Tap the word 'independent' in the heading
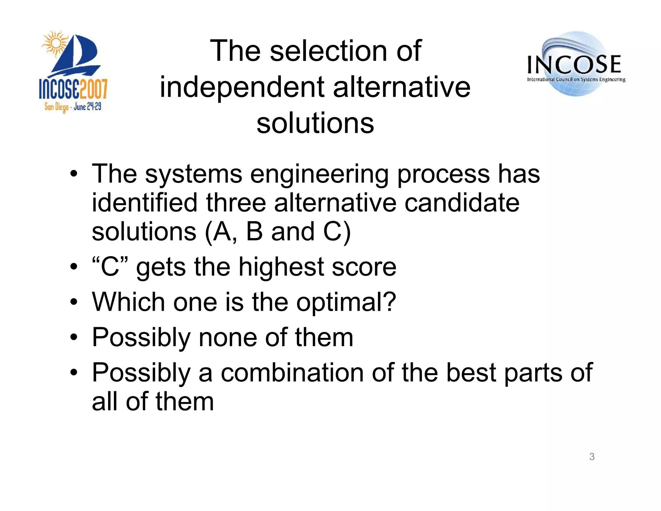point(242,87)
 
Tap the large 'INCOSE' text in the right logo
point(574,64)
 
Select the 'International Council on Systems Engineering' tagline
point(576,79)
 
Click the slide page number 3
point(592,456)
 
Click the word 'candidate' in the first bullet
point(462,203)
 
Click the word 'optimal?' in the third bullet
point(346,302)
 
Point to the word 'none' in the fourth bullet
point(228,338)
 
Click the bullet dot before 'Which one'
point(74,302)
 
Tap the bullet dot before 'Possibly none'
point(74,338)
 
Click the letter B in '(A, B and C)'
point(254,232)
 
